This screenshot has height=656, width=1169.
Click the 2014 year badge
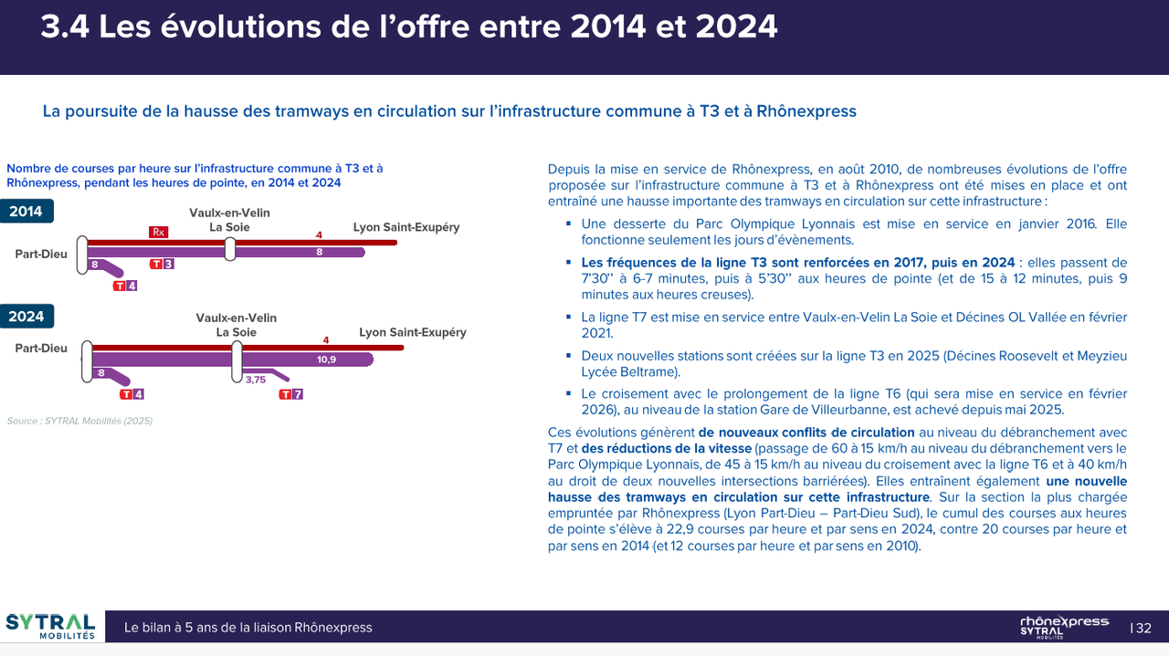click(26, 212)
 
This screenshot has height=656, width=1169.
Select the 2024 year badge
click(26, 317)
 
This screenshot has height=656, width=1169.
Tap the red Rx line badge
click(159, 232)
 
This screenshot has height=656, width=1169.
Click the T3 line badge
click(163, 264)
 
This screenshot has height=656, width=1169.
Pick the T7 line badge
click(291, 394)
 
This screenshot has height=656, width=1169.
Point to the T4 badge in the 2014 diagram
click(125, 286)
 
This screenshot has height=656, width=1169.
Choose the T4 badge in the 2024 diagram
click(132, 394)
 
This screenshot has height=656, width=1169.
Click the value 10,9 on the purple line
click(326, 359)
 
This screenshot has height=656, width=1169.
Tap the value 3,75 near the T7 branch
click(256, 380)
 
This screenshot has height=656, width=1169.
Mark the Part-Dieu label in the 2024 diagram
click(41, 348)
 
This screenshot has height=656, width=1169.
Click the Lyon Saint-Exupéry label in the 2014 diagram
click(406, 227)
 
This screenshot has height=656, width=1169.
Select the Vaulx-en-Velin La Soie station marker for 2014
click(230, 248)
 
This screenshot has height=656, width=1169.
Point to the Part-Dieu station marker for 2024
click(86, 361)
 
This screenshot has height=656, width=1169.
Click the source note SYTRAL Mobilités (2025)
click(79, 421)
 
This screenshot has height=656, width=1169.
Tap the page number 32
click(1143, 628)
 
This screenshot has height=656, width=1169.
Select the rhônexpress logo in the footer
click(1064, 627)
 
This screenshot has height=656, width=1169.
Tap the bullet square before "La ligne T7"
click(568, 317)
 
